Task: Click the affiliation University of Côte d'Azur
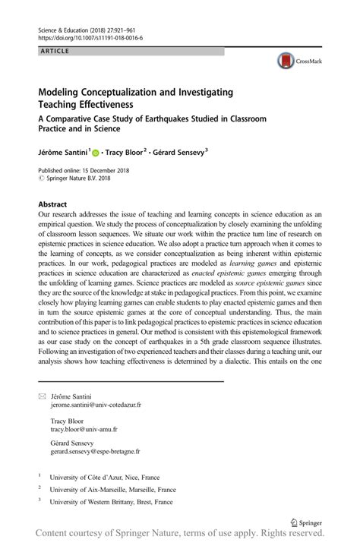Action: tap(99, 478)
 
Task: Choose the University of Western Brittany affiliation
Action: tap(110, 502)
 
